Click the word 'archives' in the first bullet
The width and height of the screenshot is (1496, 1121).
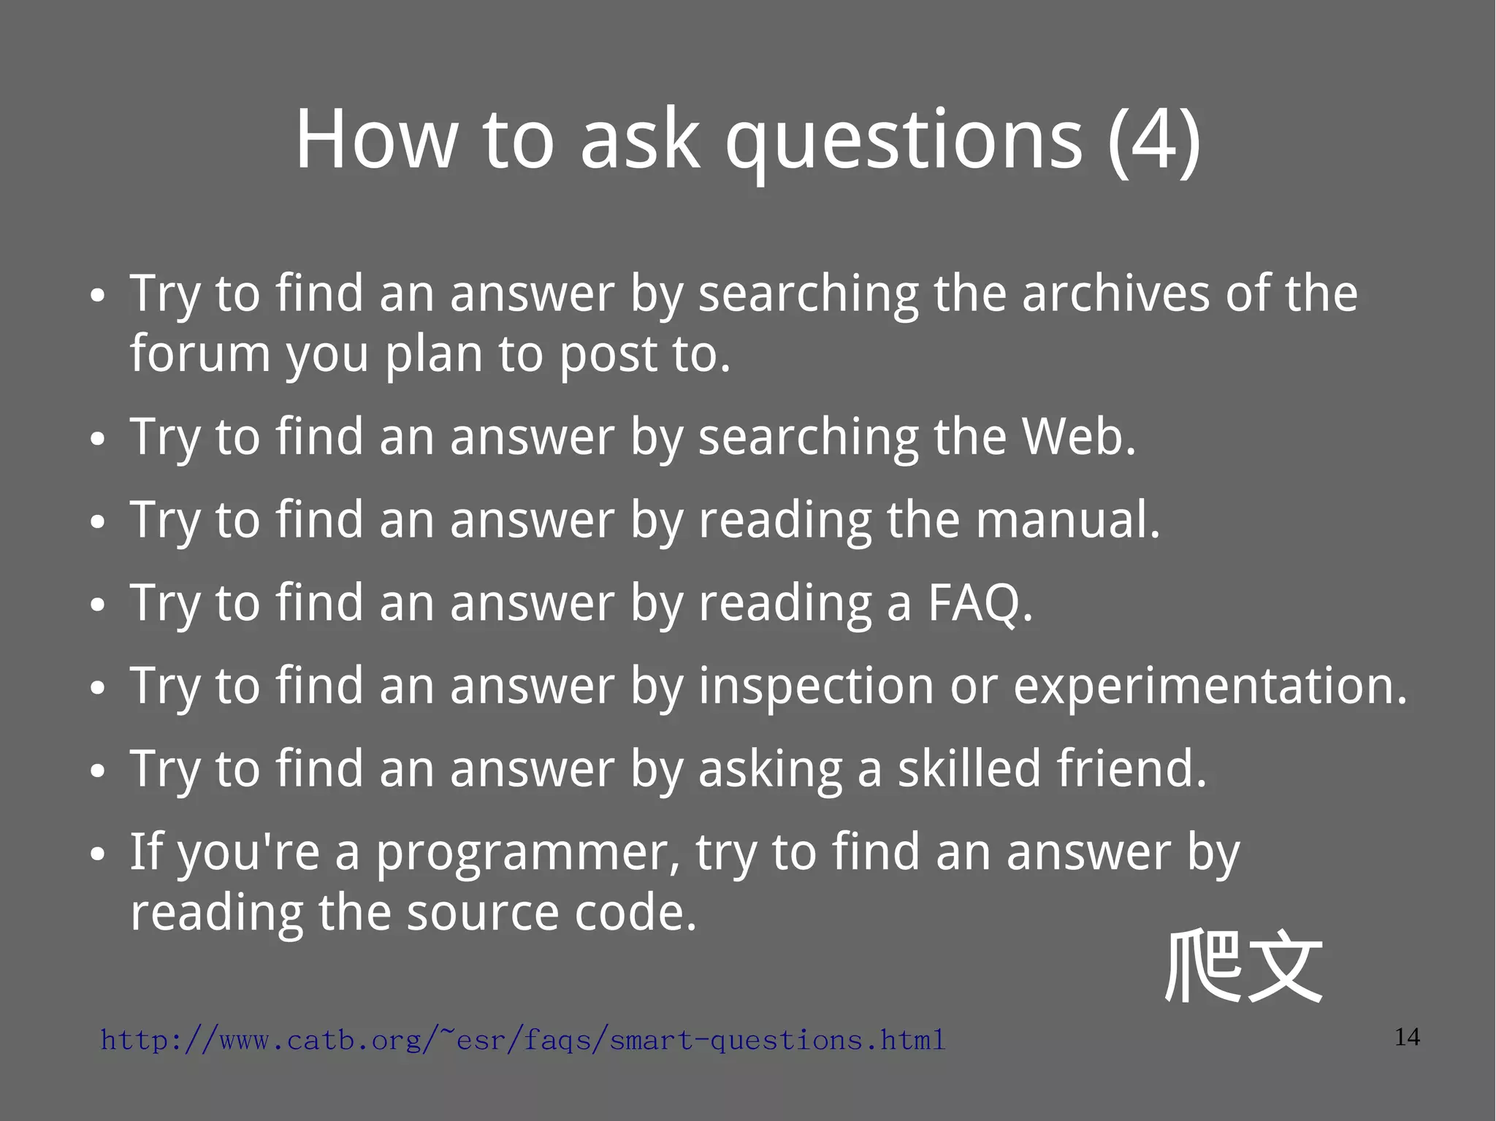[1115, 294]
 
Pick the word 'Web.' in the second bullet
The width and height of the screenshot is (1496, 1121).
[1078, 437]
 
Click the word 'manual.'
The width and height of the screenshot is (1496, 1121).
[1067, 520]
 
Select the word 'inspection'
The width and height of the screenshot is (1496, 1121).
[816, 686]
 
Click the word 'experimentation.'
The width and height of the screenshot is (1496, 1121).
[1210, 686]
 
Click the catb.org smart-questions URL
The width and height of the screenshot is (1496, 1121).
[523, 1039]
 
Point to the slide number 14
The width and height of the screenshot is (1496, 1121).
[1407, 1037]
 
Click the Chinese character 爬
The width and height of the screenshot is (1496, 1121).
[1202, 965]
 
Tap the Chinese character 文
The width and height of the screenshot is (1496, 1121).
[1286, 968]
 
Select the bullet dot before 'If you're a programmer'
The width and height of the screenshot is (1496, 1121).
[97, 854]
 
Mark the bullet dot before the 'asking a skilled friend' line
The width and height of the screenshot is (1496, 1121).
[97, 771]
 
